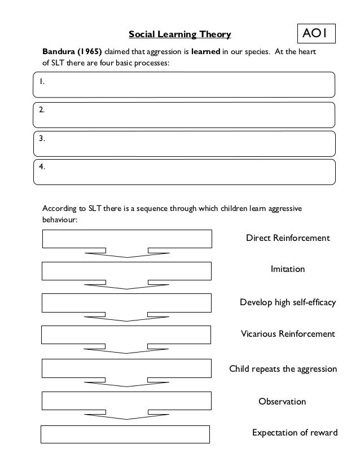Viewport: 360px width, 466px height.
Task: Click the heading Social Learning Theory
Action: (179, 35)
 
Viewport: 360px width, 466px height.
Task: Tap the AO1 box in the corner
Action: (318, 33)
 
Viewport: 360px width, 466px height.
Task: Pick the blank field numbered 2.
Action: (184, 115)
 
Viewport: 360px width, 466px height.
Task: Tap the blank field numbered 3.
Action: (184, 143)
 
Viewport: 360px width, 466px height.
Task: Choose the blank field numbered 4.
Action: (184, 172)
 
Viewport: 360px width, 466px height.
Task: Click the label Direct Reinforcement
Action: (287, 238)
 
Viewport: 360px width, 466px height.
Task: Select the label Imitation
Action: (288, 270)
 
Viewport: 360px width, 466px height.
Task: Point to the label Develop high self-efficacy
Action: (288, 302)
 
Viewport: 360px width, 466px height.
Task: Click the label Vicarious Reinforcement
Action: (288, 334)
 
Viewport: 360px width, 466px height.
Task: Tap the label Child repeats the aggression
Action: (283, 370)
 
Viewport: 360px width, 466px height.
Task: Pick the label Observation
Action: (282, 402)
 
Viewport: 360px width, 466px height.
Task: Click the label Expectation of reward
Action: (295, 433)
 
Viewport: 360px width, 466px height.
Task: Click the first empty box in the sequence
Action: (127, 239)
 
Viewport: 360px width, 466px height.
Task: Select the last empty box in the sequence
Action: (126, 434)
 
